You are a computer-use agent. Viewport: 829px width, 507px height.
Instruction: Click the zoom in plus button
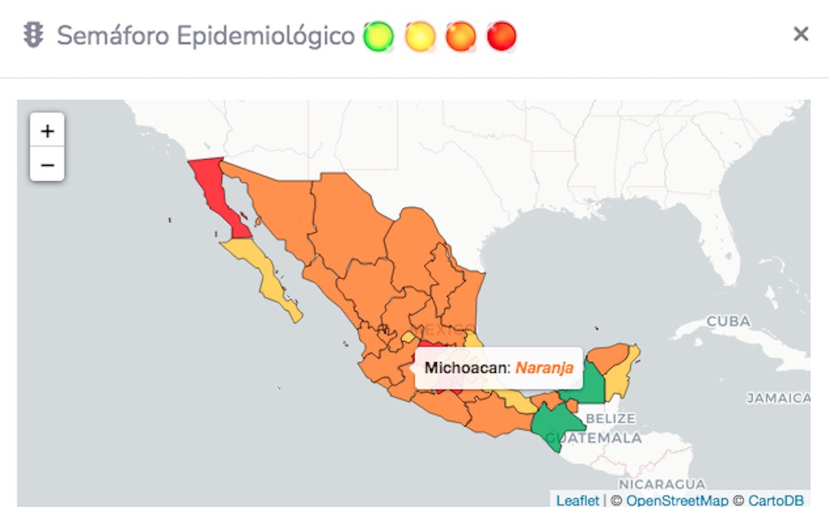pyautogui.click(x=47, y=131)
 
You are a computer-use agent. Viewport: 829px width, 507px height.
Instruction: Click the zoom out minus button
pyautogui.click(x=47, y=164)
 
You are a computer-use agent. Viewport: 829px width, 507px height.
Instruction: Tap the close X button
pyautogui.click(x=800, y=34)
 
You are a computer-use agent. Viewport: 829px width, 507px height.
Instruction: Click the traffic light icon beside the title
pyautogui.click(x=33, y=35)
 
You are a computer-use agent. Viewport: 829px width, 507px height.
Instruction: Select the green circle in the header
pyautogui.click(x=378, y=36)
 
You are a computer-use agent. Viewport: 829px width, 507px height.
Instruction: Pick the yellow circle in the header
pyautogui.click(x=420, y=36)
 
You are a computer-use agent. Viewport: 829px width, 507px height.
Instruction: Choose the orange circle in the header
pyautogui.click(x=460, y=36)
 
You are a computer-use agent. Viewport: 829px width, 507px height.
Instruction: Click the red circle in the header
pyautogui.click(x=501, y=36)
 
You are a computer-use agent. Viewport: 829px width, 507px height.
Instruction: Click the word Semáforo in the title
pyautogui.click(x=116, y=36)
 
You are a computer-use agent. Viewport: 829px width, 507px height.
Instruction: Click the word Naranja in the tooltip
pyautogui.click(x=544, y=368)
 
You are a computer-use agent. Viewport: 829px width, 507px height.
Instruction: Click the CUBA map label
pyautogui.click(x=728, y=322)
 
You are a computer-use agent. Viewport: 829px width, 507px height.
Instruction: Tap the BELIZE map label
pyautogui.click(x=611, y=419)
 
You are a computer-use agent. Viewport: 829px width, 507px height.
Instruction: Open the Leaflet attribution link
pyautogui.click(x=577, y=500)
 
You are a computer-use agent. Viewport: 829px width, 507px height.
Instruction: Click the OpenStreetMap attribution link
pyautogui.click(x=666, y=500)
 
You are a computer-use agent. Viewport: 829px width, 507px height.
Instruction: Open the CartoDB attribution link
pyautogui.click(x=775, y=500)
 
